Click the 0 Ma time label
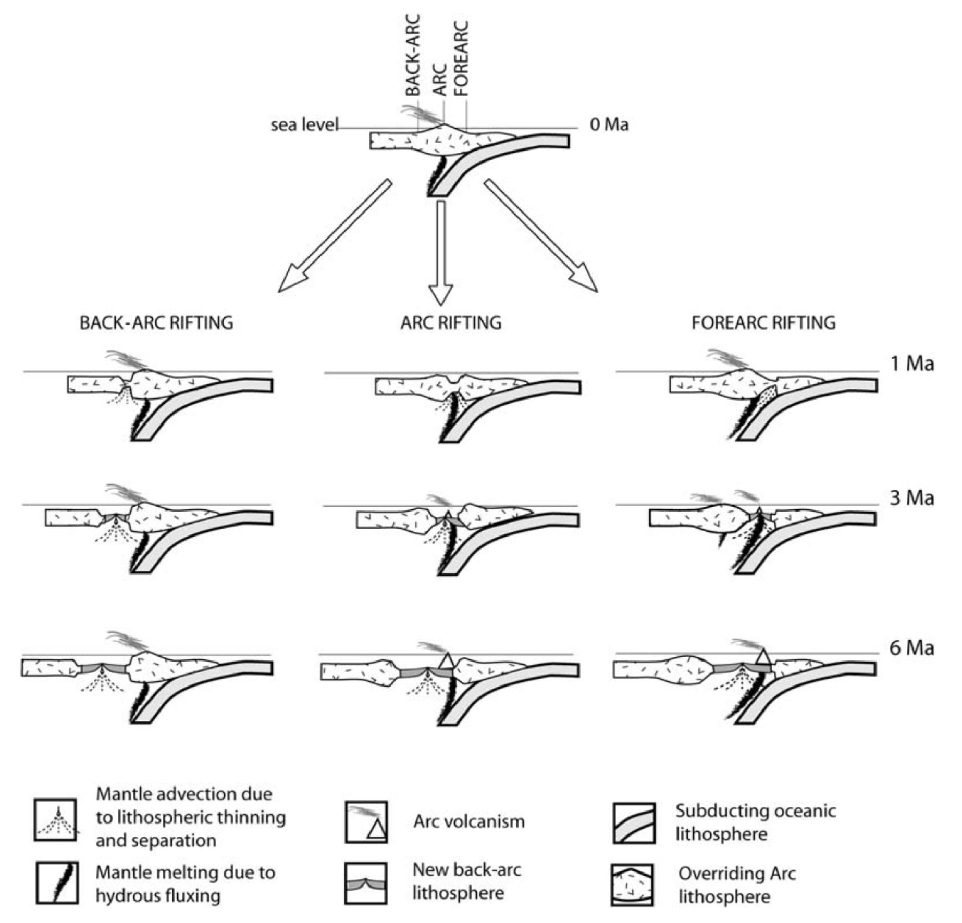[x=609, y=125]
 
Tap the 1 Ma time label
[x=911, y=364]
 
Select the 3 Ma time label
[x=911, y=498]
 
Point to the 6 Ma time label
[x=911, y=648]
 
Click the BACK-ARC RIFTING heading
[x=156, y=323]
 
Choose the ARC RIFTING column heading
[x=451, y=323]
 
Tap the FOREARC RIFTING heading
[x=763, y=323]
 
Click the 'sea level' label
[x=304, y=125]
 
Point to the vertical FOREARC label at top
[x=462, y=58]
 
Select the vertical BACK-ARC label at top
[x=413, y=55]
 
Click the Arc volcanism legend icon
[x=366, y=822]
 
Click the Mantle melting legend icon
[x=57, y=882]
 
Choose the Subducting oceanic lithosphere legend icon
[x=634, y=824]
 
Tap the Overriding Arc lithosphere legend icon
[x=632, y=885]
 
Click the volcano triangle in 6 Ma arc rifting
[x=447, y=660]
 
